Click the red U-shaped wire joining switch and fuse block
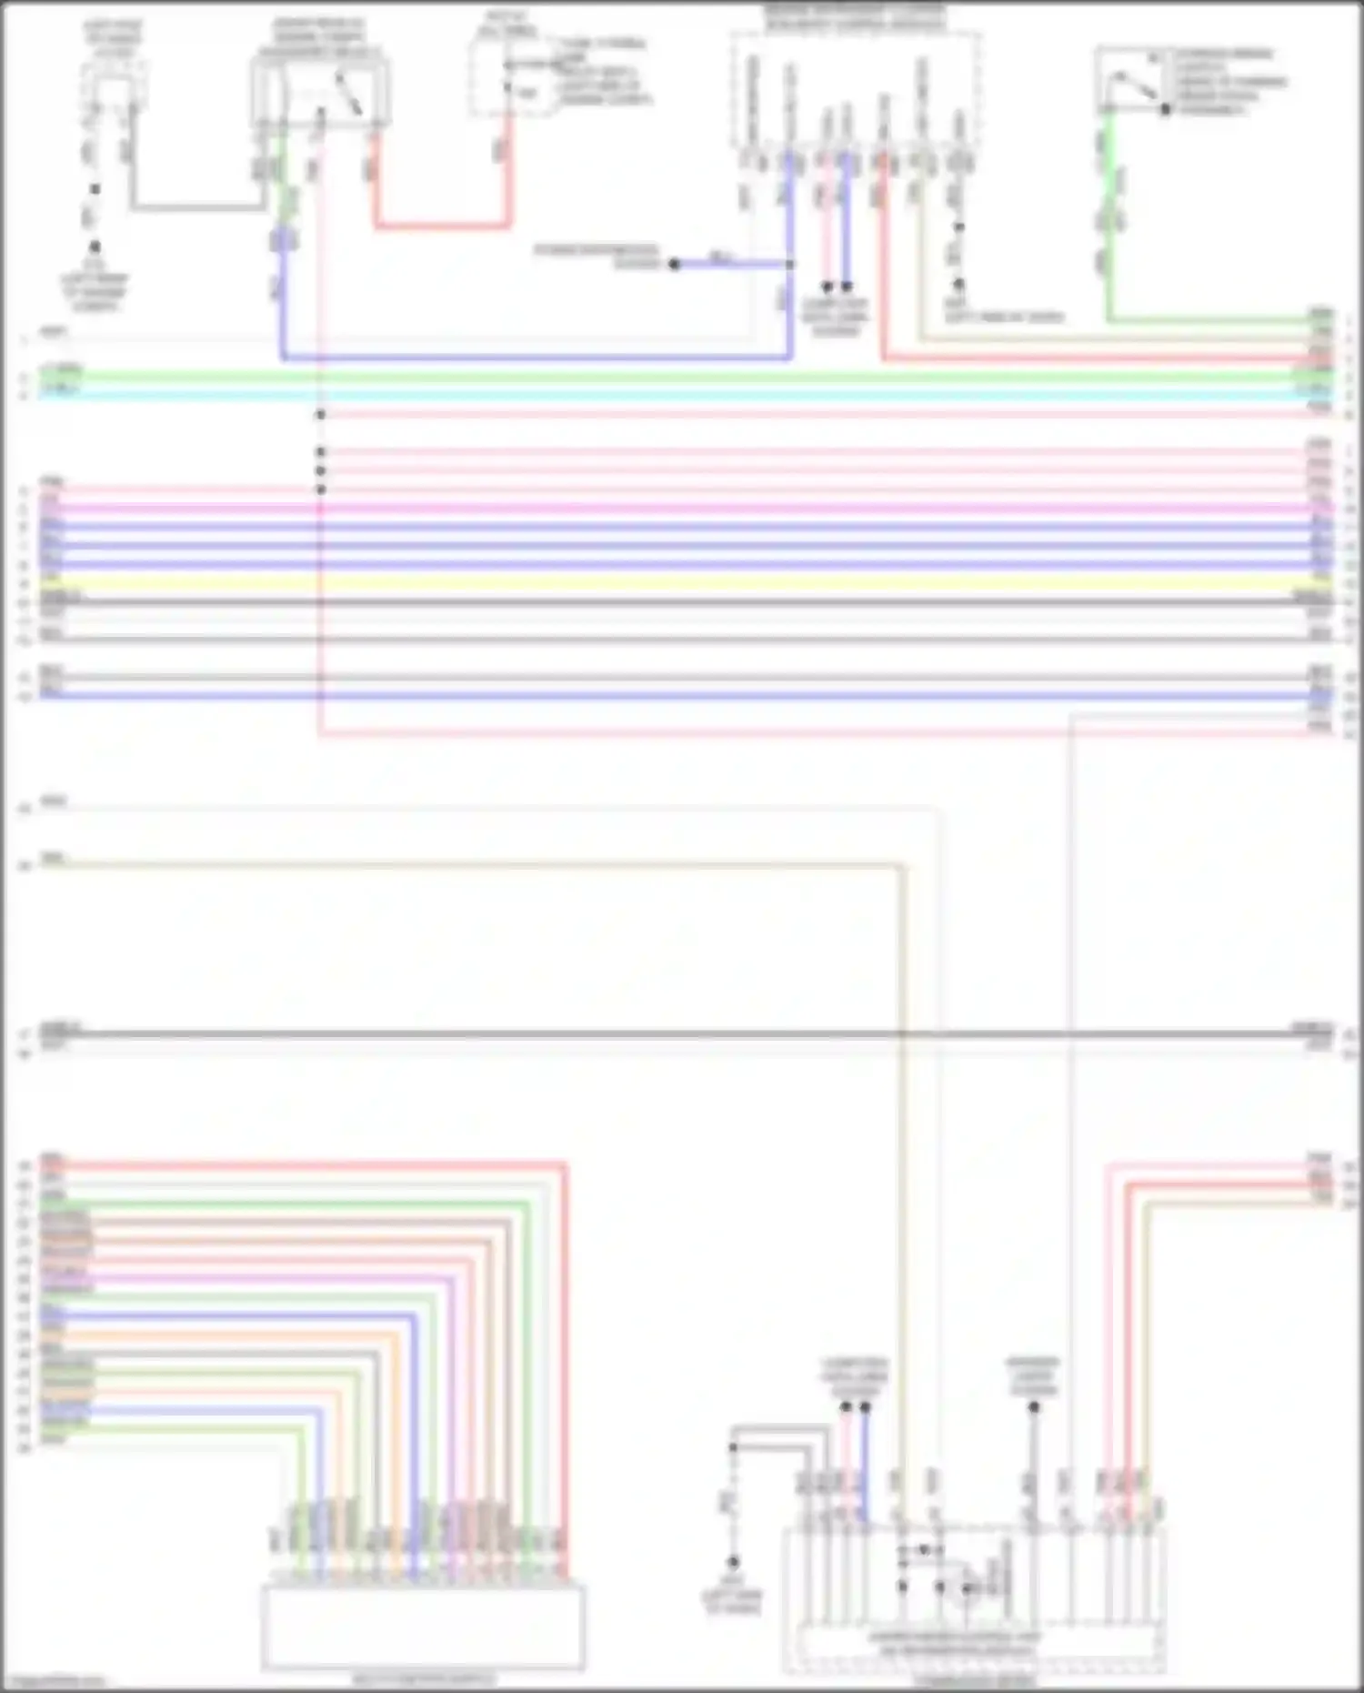coord(442,225)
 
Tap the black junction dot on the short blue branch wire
coord(674,265)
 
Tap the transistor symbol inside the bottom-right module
coord(964,1587)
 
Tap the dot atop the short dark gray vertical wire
coord(1034,1406)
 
